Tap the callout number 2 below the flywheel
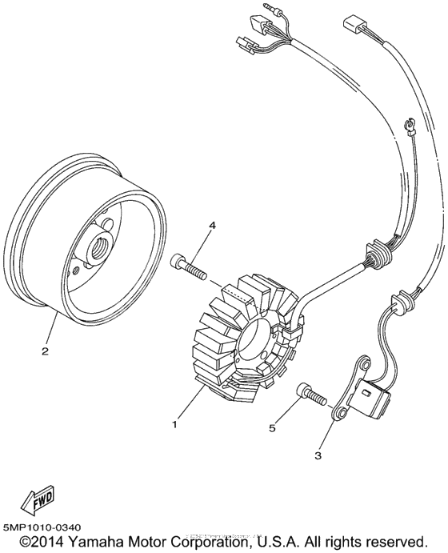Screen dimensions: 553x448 (46, 351)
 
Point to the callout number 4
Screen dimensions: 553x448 (212, 226)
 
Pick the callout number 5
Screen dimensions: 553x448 (272, 429)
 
